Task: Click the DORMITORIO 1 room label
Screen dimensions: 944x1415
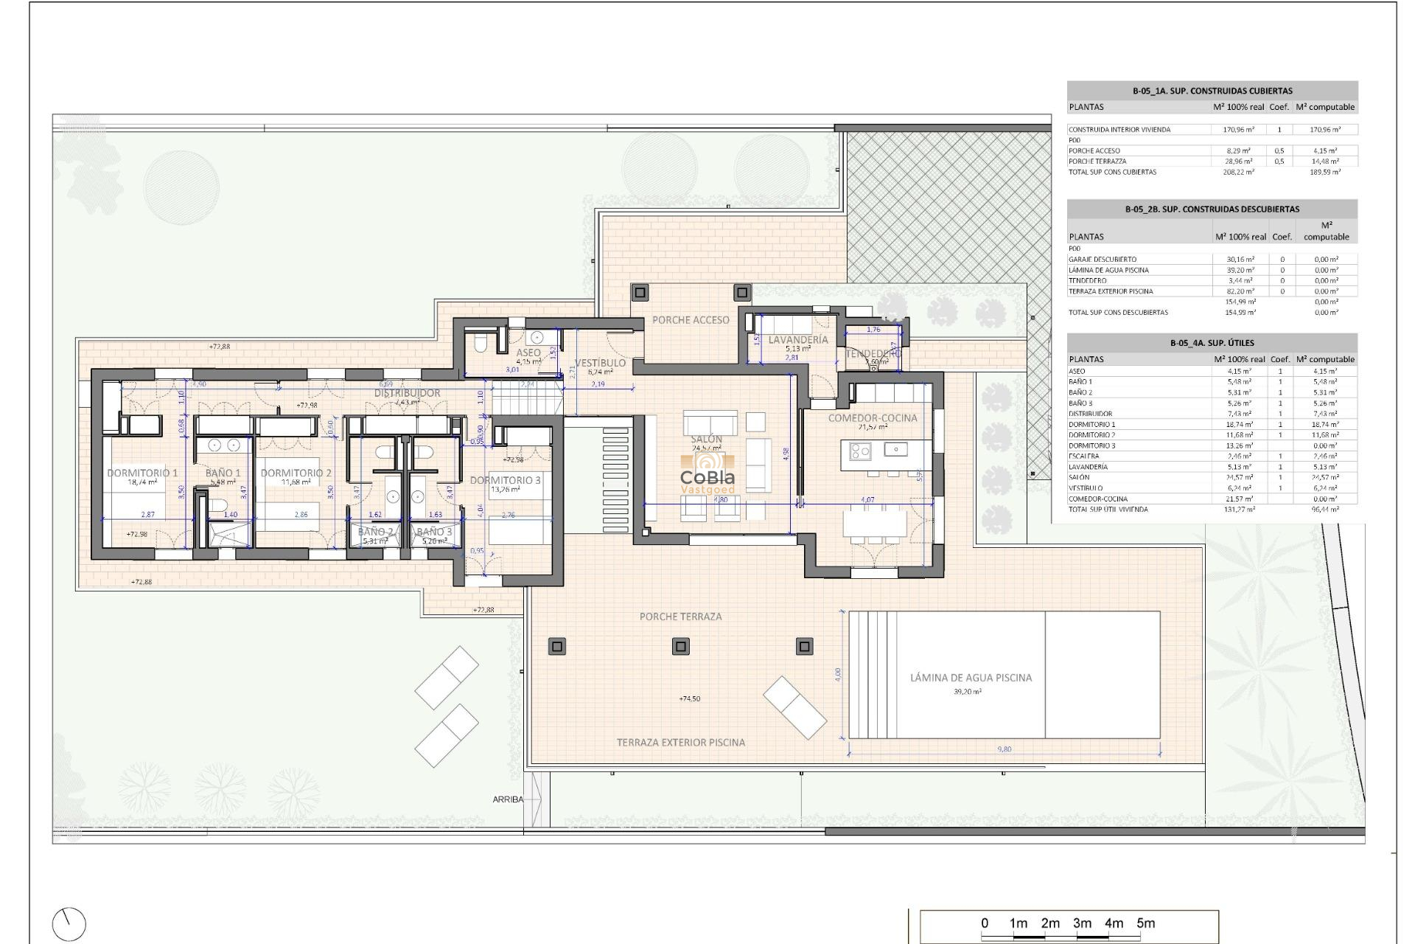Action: point(142,473)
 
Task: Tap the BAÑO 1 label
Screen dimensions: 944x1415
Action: point(223,473)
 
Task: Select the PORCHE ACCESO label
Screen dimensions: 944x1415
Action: point(691,320)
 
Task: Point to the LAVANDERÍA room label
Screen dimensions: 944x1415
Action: point(798,340)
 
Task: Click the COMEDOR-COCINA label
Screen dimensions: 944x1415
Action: point(873,418)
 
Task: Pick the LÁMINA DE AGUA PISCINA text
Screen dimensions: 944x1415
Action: point(971,678)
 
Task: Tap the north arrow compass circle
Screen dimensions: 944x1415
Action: point(69,924)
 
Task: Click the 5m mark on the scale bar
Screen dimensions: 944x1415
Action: point(1145,923)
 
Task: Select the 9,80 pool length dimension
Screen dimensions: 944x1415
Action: point(1004,749)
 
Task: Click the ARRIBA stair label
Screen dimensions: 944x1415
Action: point(508,799)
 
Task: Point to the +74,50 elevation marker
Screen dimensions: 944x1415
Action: point(690,698)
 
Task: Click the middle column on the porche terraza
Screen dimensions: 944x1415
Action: point(680,647)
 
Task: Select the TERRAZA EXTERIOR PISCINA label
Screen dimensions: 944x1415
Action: point(680,743)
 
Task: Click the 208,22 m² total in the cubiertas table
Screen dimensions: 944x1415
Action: point(1238,172)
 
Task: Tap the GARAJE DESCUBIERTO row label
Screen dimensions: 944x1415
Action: point(1103,260)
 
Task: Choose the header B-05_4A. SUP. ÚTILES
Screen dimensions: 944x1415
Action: point(1212,343)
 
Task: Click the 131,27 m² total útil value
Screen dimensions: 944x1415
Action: point(1238,510)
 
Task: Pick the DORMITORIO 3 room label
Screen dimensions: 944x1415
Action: point(505,480)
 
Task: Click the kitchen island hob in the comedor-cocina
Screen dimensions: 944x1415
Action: point(860,450)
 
